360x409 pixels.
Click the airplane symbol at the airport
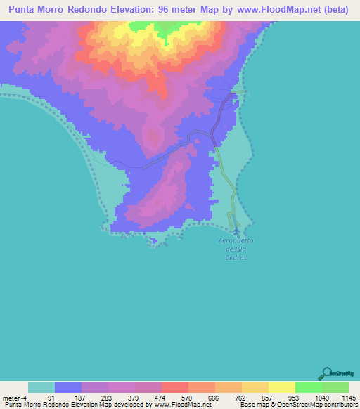pyautogui.click(x=235, y=230)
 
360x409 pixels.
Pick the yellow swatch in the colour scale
pyautogui.click(x=281, y=387)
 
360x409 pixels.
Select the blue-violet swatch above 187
pyautogui.click(x=68, y=387)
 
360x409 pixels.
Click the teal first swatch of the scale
pyautogui.click(x=41, y=387)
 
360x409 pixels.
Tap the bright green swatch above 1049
pyautogui.click(x=308, y=387)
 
